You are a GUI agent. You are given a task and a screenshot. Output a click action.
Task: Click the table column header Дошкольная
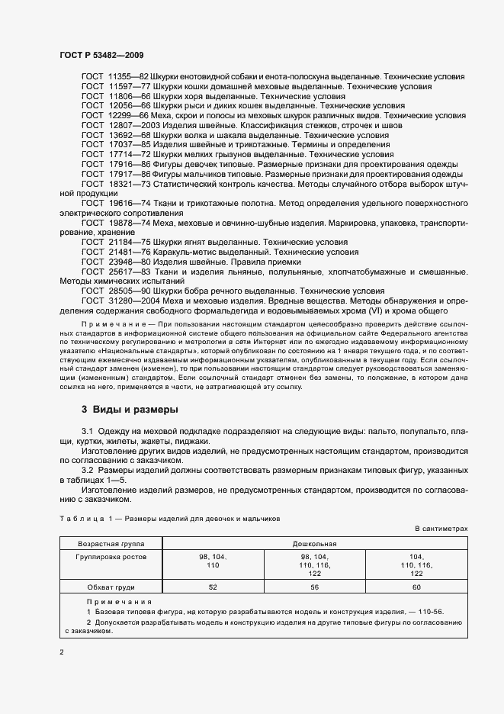click(314, 544)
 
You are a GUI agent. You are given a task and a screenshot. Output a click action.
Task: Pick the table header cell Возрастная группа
click(112, 544)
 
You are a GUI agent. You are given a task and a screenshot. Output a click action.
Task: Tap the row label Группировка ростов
click(112, 557)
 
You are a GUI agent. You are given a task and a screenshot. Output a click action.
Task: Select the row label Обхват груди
click(112, 587)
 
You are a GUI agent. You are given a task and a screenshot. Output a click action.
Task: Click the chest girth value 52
click(213, 587)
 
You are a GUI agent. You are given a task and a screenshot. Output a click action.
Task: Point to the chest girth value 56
click(314, 587)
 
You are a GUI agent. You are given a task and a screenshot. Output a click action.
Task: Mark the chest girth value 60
click(416, 587)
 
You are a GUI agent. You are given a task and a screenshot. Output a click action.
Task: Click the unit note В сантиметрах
click(441, 528)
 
